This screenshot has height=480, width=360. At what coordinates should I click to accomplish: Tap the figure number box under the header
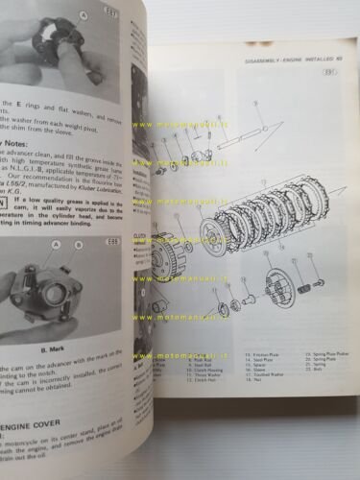pyautogui.click(x=329, y=97)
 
